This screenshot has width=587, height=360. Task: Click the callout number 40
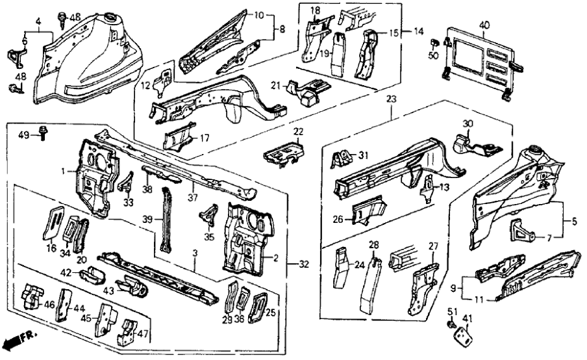(x=484, y=25)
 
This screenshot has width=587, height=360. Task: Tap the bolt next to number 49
(x=44, y=132)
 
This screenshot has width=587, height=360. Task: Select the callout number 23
(x=391, y=98)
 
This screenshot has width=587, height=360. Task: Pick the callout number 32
(x=304, y=264)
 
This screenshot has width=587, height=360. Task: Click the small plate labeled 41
(x=462, y=335)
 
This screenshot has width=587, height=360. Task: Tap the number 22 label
(x=297, y=133)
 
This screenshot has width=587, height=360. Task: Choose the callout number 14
(x=418, y=31)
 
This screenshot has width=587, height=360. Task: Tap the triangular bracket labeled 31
(x=337, y=159)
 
